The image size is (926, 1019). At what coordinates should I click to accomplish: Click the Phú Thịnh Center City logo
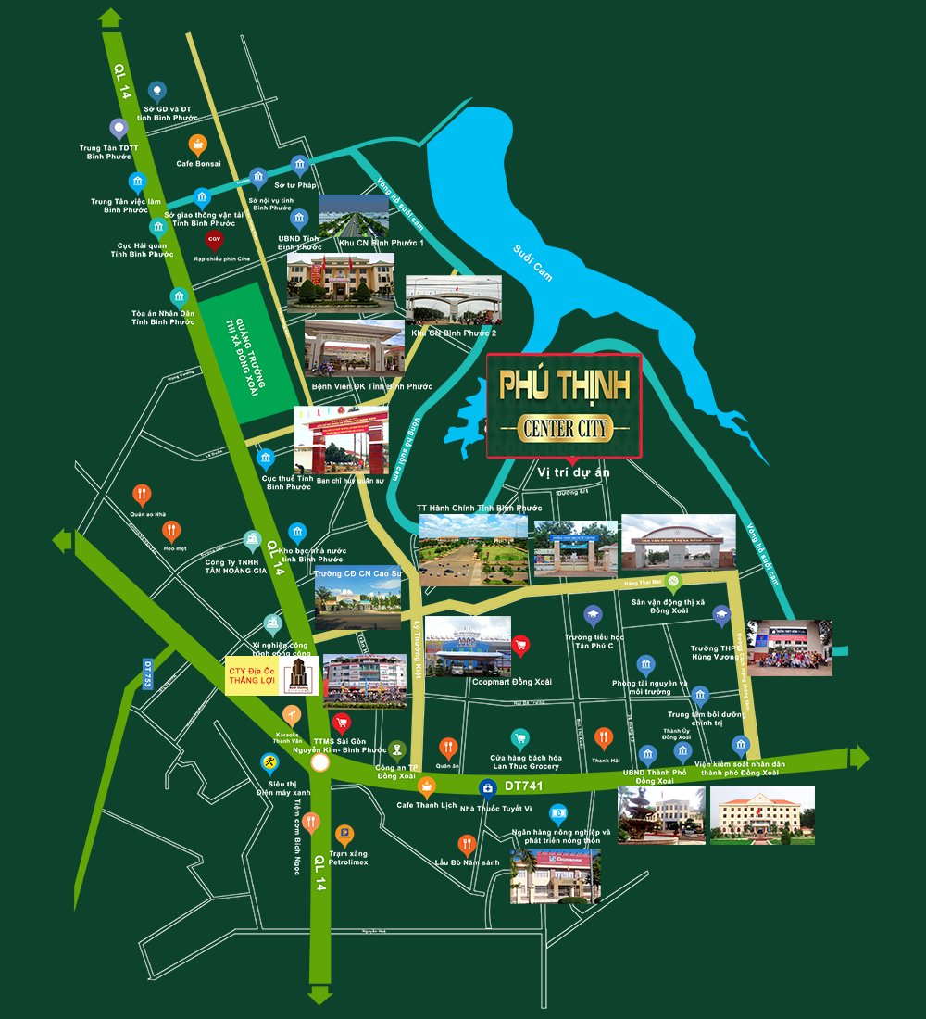(x=564, y=406)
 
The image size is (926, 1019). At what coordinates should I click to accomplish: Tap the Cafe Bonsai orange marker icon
(x=197, y=145)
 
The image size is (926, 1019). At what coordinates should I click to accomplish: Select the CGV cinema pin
(x=214, y=240)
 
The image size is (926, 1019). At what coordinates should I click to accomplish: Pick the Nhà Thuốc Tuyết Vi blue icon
(x=486, y=788)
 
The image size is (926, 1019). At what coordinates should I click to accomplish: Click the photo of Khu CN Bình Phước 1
(x=354, y=216)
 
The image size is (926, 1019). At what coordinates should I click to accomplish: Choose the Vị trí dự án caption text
(x=574, y=472)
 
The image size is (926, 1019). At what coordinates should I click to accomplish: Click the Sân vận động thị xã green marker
(x=674, y=582)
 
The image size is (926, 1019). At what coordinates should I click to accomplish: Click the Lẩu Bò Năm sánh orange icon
(x=467, y=844)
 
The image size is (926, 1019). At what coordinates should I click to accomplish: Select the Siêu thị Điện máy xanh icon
(x=269, y=762)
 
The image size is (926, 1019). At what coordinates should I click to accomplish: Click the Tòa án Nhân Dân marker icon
(x=178, y=297)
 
